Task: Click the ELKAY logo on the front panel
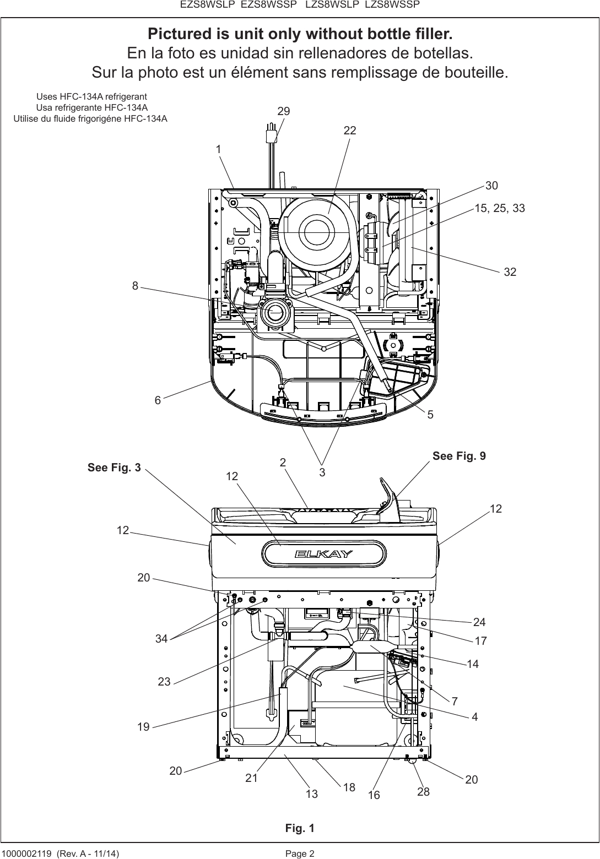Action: (323, 554)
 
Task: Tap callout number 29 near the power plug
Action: (284, 111)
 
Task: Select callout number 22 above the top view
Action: (350, 131)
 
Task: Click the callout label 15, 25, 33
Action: (500, 208)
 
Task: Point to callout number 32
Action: (510, 271)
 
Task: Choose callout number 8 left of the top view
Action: (134, 285)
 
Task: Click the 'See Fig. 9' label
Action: (459, 456)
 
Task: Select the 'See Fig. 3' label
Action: (114, 468)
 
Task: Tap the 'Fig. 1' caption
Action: (300, 828)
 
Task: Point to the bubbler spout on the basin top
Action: (388, 498)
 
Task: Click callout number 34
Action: (161, 639)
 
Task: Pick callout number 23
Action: (164, 682)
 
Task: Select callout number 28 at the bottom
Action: (423, 792)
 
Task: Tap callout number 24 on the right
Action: (479, 622)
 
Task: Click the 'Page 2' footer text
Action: (300, 853)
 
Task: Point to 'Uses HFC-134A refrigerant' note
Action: (91, 96)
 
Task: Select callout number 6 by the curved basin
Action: (158, 400)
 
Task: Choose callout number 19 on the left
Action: (143, 727)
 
